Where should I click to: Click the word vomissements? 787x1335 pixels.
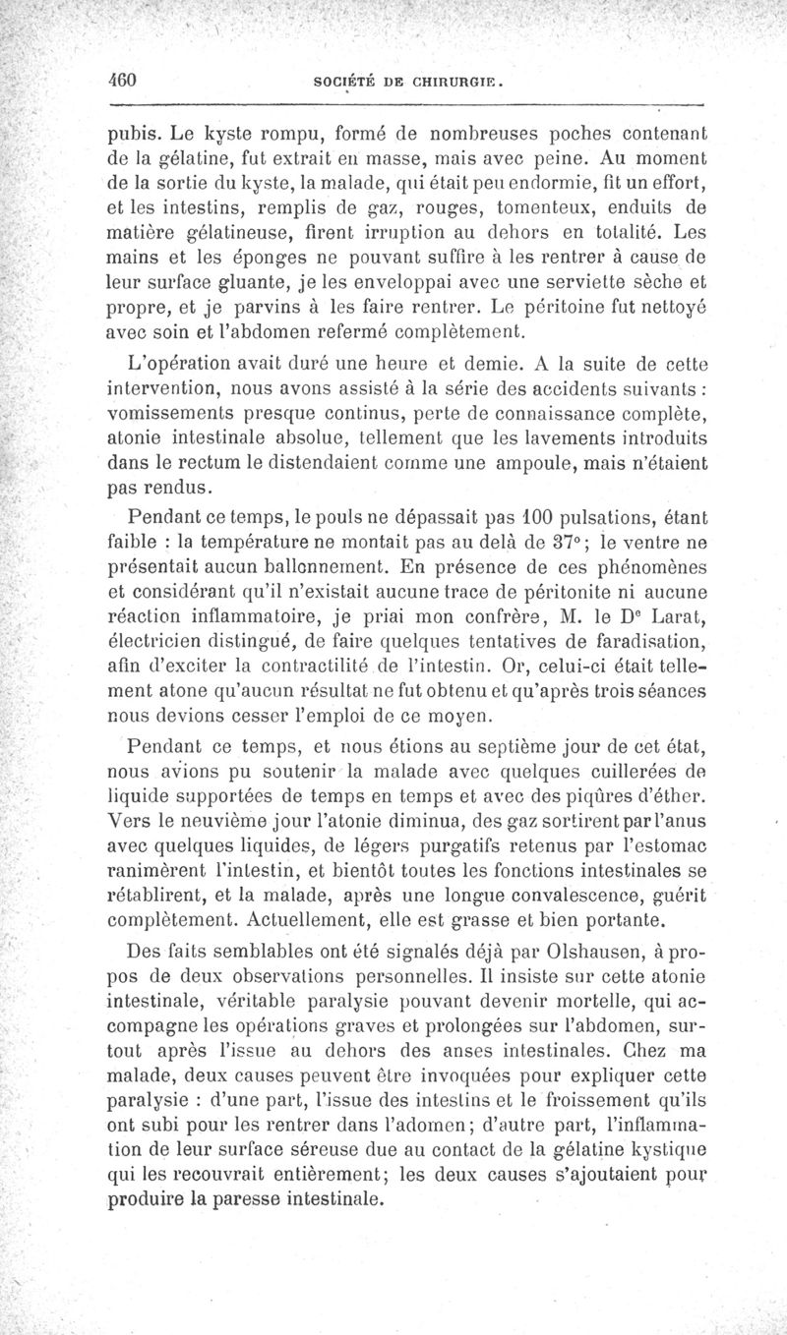(x=179, y=411)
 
